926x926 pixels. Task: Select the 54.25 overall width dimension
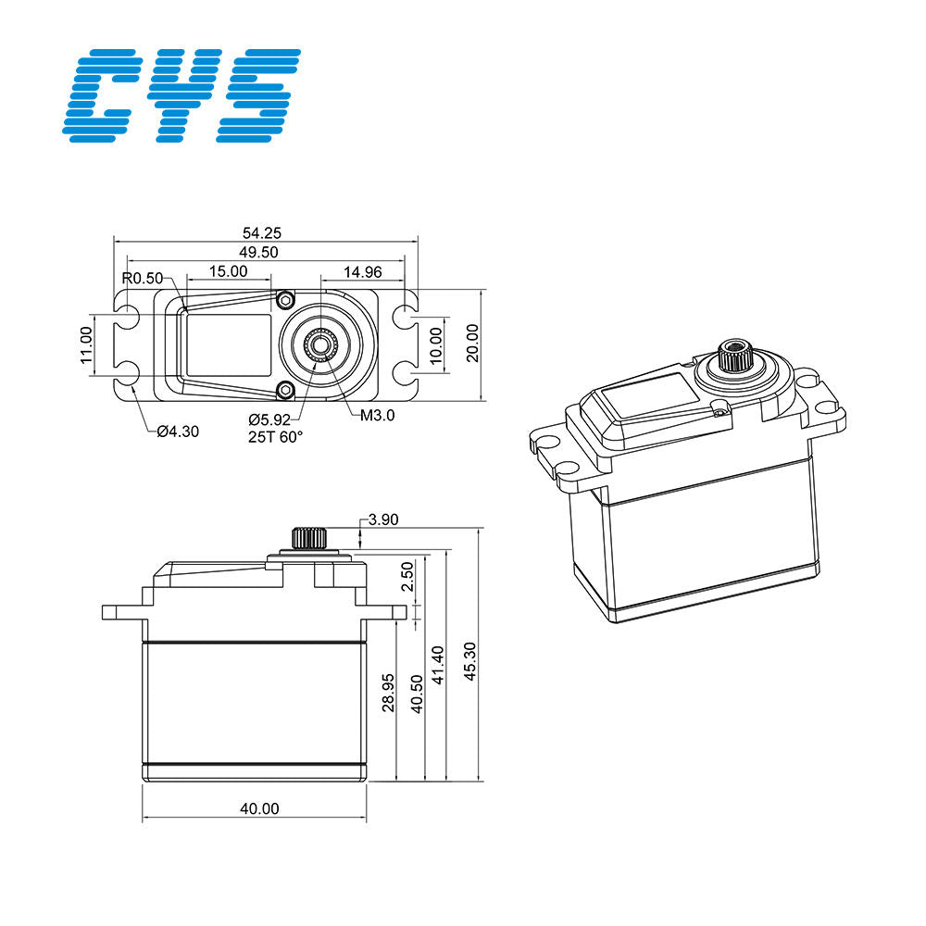(x=264, y=232)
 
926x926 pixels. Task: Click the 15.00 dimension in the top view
(x=227, y=271)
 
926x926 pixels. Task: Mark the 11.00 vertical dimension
(x=86, y=344)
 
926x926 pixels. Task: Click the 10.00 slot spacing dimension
(x=436, y=344)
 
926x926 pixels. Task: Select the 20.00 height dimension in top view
(x=472, y=344)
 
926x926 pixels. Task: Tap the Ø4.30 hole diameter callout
(x=178, y=431)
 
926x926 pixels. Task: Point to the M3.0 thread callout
(x=377, y=416)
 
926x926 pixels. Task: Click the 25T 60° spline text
(x=275, y=438)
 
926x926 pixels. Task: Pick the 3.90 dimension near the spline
(x=382, y=520)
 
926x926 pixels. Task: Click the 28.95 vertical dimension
(x=388, y=693)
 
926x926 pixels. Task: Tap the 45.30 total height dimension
(x=470, y=661)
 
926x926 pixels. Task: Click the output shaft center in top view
(x=319, y=344)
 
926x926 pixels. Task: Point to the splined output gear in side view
(x=306, y=537)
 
